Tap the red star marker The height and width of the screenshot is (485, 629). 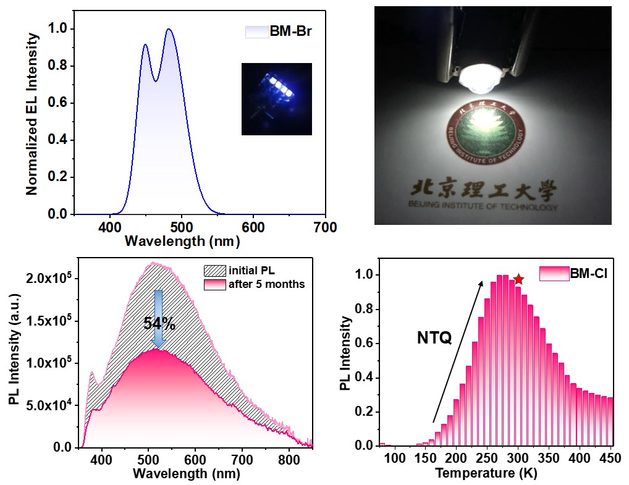(x=518, y=279)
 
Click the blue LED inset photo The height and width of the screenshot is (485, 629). (x=276, y=98)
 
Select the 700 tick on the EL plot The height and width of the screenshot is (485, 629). (x=326, y=227)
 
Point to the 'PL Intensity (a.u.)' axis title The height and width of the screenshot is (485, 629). (x=14, y=358)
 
